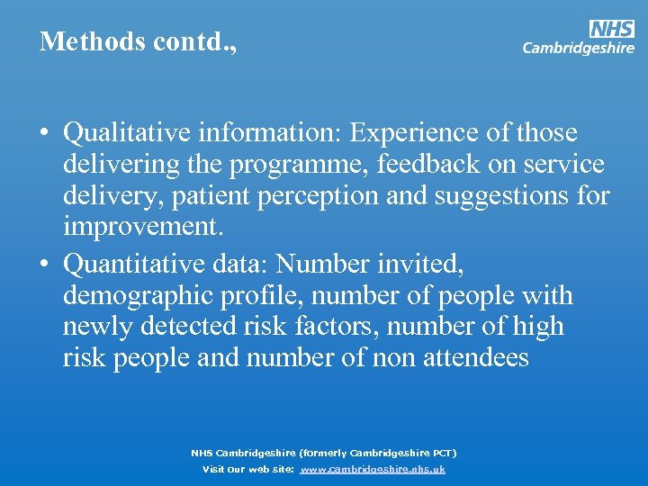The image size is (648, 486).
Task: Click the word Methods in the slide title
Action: pyautogui.click(x=79, y=41)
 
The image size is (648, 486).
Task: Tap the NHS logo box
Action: pyautogui.click(x=612, y=30)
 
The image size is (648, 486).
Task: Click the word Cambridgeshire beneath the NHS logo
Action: pyautogui.click(x=579, y=49)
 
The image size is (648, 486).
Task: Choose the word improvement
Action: pyautogui.click(x=142, y=226)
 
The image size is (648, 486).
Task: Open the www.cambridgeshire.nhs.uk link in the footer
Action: pyautogui.click(x=372, y=469)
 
